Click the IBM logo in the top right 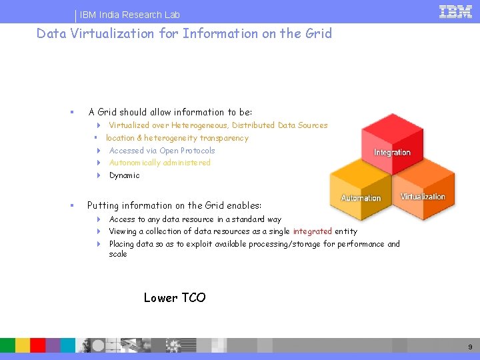455,11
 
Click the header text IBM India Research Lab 130,15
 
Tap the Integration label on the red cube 392,153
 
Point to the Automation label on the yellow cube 361,198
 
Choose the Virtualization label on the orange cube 423,197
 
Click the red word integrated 312,231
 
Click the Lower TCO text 175,298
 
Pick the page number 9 470,347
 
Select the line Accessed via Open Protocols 162,151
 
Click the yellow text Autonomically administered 159,163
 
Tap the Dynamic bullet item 124,175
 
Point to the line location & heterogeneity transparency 177,138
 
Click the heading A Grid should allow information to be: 170,112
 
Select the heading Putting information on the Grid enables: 174,205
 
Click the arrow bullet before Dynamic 98,175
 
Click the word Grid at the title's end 317,33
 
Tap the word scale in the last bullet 118,254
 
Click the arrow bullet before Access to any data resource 98,219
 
